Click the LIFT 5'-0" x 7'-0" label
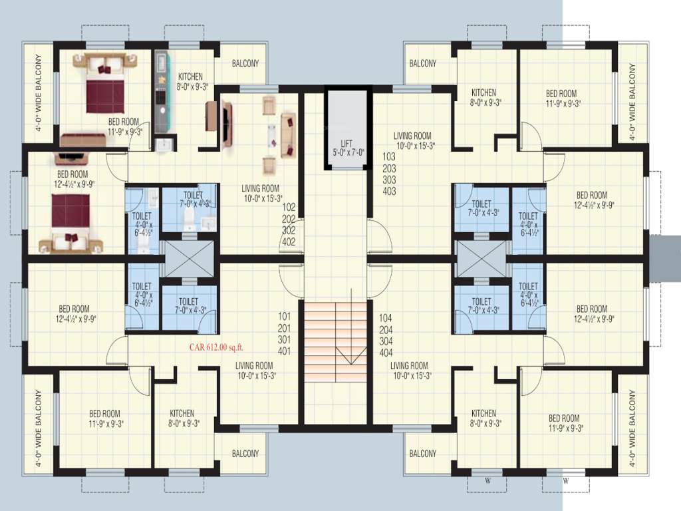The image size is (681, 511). pyautogui.click(x=346, y=148)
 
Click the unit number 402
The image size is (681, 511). pyautogui.click(x=288, y=242)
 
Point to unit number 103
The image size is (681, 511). pyautogui.click(x=389, y=157)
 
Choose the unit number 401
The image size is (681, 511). pyautogui.click(x=285, y=351)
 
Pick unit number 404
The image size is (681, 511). pyautogui.click(x=385, y=352)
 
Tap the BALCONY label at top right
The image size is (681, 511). pyautogui.click(x=423, y=64)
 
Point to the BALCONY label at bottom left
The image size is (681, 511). pyautogui.click(x=245, y=454)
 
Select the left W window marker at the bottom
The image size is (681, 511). pyautogui.click(x=488, y=480)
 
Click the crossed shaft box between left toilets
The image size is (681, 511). pyautogui.click(x=188, y=258)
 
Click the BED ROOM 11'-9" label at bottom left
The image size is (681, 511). pyautogui.click(x=105, y=418)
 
